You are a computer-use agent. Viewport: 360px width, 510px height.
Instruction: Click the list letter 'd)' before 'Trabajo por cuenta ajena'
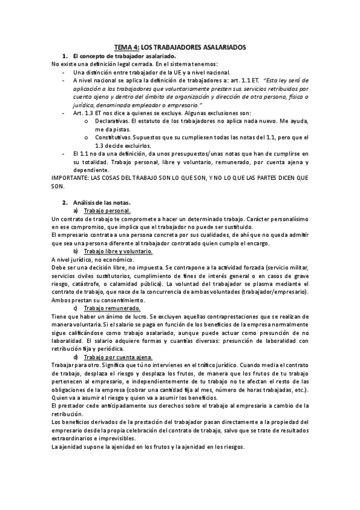pyautogui.click(x=76, y=357)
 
